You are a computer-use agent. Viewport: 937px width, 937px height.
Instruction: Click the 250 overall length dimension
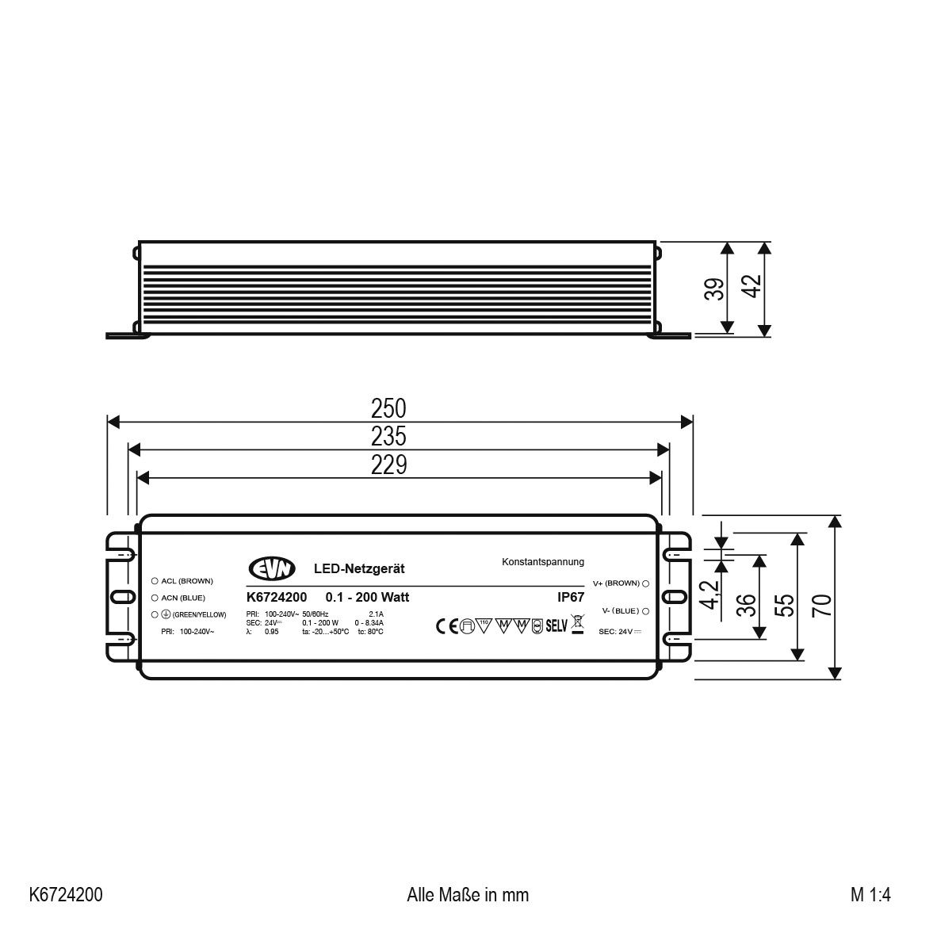[388, 408]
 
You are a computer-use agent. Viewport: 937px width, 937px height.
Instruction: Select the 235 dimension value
[388, 436]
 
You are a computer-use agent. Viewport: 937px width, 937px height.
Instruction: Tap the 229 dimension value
[388, 465]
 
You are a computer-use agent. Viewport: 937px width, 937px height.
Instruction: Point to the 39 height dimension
[713, 289]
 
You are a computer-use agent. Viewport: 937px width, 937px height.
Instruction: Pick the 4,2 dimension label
[711, 595]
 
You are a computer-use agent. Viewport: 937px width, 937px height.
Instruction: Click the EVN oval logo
[272, 568]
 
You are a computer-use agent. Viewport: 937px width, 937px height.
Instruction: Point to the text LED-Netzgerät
[359, 568]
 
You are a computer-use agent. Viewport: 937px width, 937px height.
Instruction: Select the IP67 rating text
[570, 599]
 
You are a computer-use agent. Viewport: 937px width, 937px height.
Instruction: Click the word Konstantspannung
[543, 562]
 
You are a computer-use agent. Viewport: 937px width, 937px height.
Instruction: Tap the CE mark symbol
[448, 626]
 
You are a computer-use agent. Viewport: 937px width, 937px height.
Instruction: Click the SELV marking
[556, 626]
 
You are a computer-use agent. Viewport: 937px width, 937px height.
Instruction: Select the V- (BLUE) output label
[620, 611]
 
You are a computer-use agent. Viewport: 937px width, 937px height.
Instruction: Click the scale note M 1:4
[871, 895]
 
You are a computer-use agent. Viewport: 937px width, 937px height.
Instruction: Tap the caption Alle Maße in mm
[468, 895]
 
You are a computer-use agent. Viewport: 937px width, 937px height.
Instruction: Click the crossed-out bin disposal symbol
[577, 625]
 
